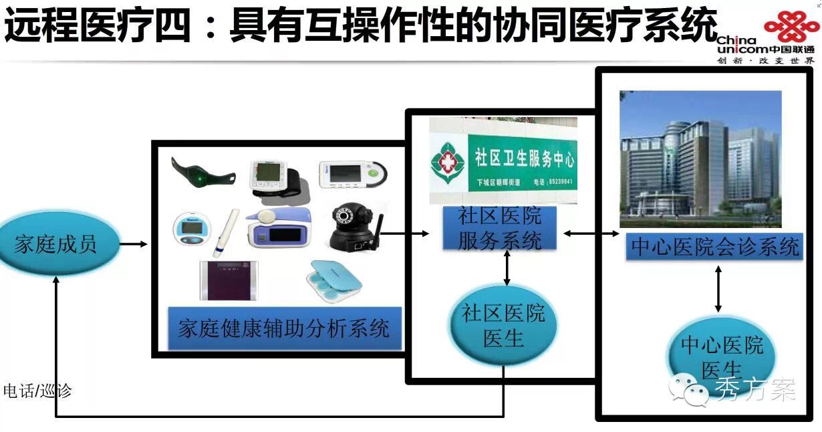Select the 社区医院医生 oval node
tap(504, 325)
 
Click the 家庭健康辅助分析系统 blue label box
tap(283, 328)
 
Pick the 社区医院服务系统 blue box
tap(499, 229)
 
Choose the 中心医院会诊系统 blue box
tap(714, 247)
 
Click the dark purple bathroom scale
tap(229, 280)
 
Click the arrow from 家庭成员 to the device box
tap(134, 244)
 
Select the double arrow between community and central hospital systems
tap(591, 233)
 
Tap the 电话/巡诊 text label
tap(37, 391)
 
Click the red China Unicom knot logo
tap(791, 27)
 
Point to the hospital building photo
tap(700, 159)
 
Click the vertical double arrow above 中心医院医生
tap(718, 288)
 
